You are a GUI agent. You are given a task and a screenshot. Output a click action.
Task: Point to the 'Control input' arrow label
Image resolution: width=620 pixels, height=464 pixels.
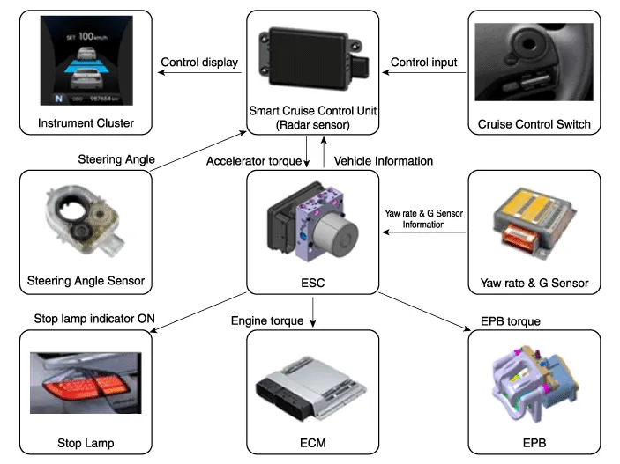coord(423,63)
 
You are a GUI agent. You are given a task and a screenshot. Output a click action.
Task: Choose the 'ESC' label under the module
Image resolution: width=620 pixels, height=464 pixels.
coord(314,283)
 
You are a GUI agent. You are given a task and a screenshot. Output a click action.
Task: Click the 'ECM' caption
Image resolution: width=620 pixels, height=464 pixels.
coord(314,442)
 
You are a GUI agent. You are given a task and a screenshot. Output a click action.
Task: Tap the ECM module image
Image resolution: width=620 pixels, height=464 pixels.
coord(309,387)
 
